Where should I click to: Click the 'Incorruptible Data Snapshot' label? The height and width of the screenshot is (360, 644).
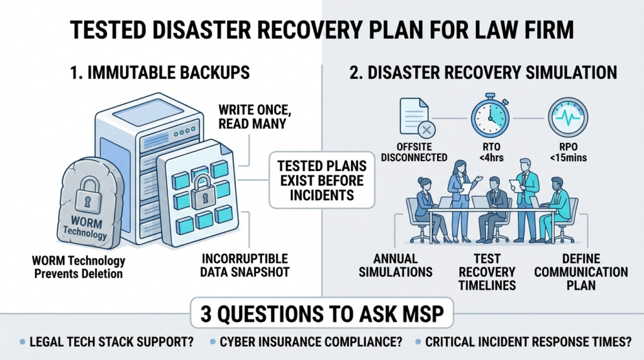click(x=247, y=265)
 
